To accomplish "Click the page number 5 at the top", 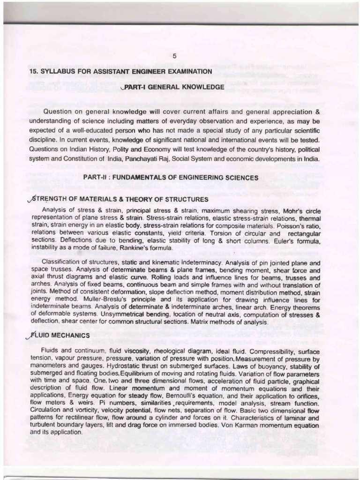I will coord(174,56).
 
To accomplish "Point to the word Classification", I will coord(63,263).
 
